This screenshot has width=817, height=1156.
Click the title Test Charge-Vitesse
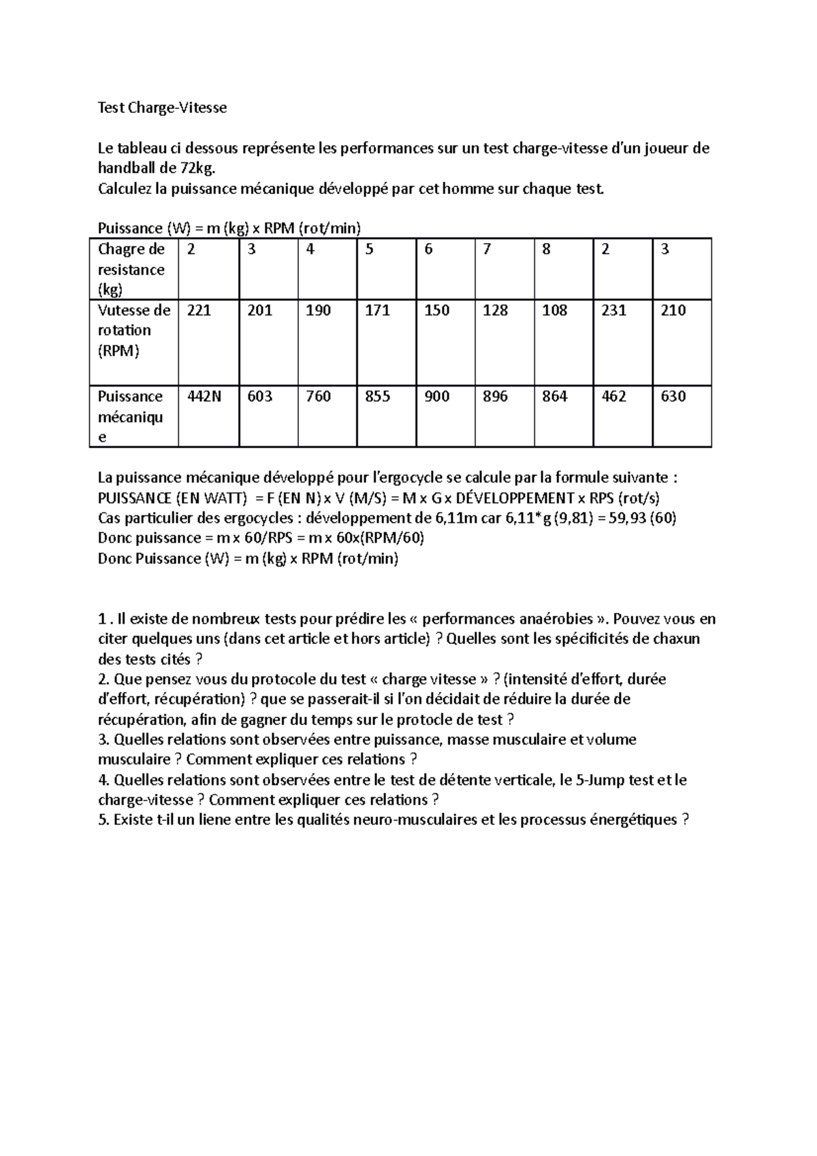tap(162, 108)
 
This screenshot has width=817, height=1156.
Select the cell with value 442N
tap(204, 396)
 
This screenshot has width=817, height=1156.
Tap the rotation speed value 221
tap(199, 310)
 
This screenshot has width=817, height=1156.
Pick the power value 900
tap(436, 396)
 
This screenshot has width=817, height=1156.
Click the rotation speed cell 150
tap(436, 310)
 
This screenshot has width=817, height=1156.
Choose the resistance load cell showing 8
tap(546, 249)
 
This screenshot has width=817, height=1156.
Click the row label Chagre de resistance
tap(131, 269)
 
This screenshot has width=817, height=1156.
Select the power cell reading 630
tap(673, 396)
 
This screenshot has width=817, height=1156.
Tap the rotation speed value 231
tap(614, 310)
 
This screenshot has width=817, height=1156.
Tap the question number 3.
tap(103, 739)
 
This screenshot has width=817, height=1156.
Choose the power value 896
tap(495, 396)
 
